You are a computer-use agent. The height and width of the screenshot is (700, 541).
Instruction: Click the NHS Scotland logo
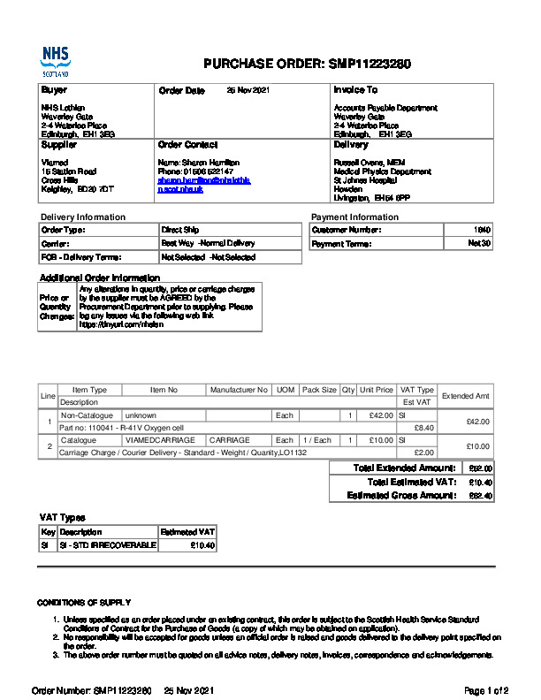[55, 63]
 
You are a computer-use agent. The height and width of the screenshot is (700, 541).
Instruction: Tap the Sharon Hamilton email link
[204, 184]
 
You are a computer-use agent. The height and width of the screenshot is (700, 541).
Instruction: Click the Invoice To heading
[355, 90]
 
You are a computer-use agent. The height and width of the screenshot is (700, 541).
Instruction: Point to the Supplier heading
[59, 145]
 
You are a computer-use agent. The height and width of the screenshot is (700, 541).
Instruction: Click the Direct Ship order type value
[179, 230]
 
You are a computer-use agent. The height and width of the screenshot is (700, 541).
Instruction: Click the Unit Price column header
[377, 390]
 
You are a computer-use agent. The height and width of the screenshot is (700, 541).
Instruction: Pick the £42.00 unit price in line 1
[381, 415]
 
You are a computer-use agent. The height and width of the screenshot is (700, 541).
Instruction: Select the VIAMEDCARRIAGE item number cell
[153, 439]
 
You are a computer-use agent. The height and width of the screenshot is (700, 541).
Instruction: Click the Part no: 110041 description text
[121, 428]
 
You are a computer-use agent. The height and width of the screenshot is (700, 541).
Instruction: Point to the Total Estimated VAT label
[411, 482]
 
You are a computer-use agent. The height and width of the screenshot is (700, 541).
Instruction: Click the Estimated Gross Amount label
[401, 496]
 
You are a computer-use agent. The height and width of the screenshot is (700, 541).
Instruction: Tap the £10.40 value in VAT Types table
[202, 545]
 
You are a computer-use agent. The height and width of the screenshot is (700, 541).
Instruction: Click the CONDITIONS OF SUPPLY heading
[84, 603]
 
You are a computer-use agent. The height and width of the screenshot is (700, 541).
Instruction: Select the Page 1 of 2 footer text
[485, 689]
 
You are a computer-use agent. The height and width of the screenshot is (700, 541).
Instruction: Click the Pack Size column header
[319, 390]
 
